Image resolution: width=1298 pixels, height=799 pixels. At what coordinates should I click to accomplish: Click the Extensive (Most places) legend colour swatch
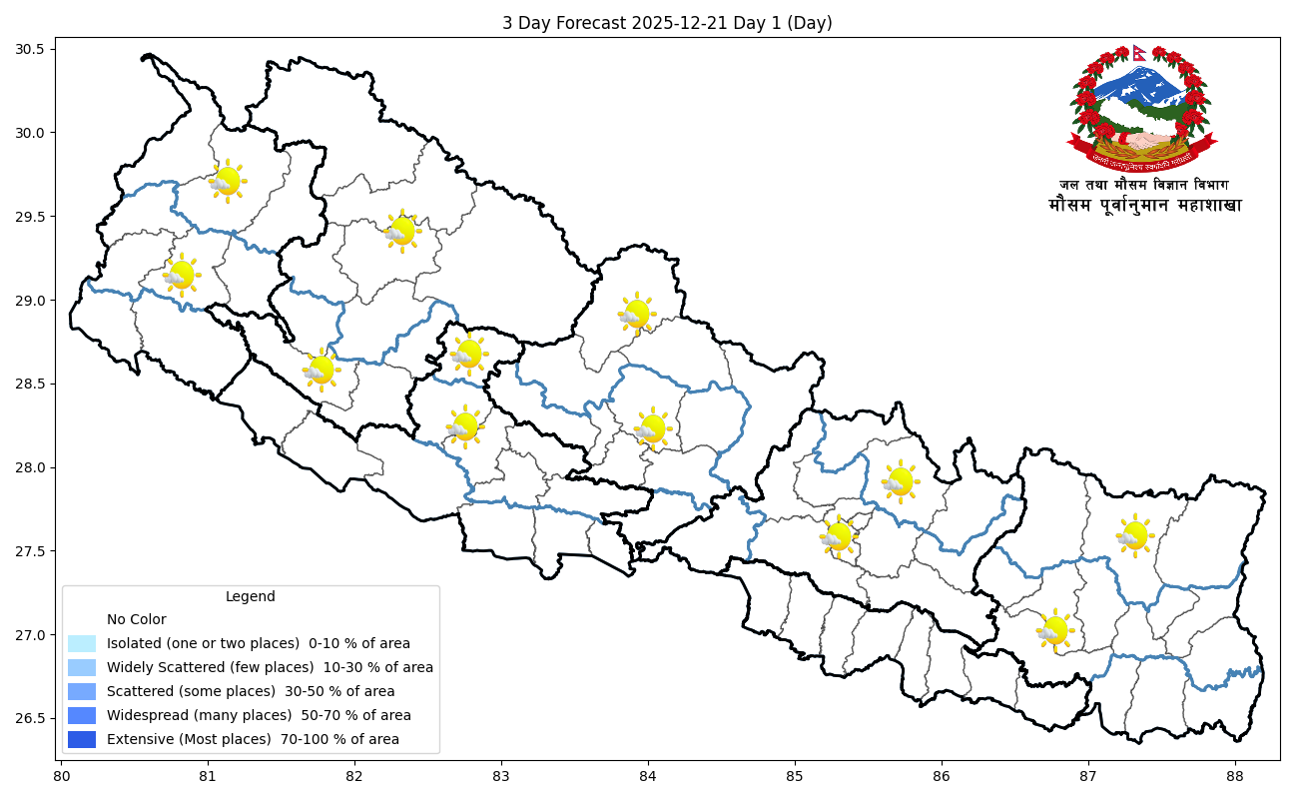(82, 739)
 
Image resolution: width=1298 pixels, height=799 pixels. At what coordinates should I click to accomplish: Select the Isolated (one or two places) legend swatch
(82, 643)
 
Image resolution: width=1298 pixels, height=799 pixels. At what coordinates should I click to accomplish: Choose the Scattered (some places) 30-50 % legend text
(251, 691)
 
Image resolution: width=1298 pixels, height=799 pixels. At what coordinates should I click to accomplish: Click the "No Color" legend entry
(136, 619)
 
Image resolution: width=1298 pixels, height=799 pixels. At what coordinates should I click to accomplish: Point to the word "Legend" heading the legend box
(250, 596)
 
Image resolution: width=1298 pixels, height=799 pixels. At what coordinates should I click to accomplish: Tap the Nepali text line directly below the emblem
(1144, 185)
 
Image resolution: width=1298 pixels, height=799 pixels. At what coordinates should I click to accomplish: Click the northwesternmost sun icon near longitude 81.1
(228, 181)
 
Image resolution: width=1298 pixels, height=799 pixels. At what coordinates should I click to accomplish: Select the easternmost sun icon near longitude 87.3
(1134, 535)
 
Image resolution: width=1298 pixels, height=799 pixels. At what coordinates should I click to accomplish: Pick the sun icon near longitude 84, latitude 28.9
(636, 314)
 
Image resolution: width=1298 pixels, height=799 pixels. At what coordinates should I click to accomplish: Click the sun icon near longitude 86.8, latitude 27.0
(1054, 630)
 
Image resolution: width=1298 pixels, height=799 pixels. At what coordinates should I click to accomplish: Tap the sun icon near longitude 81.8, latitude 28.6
(321, 370)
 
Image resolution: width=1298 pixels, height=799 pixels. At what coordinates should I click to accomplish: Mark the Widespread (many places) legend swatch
(82, 715)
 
